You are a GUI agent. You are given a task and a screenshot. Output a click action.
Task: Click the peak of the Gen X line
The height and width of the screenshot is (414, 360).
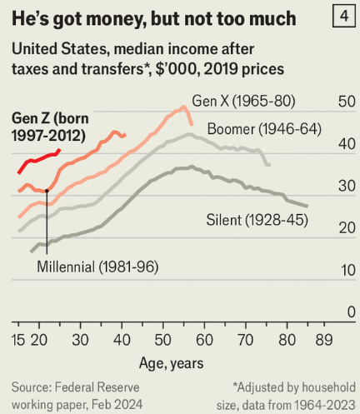(x=183, y=107)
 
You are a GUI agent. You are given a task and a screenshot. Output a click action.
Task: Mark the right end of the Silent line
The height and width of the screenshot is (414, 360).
(x=307, y=207)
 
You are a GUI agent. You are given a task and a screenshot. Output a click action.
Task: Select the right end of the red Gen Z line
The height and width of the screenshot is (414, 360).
(x=60, y=150)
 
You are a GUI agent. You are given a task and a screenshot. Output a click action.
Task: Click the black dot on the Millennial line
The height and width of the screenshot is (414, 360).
(x=47, y=191)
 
